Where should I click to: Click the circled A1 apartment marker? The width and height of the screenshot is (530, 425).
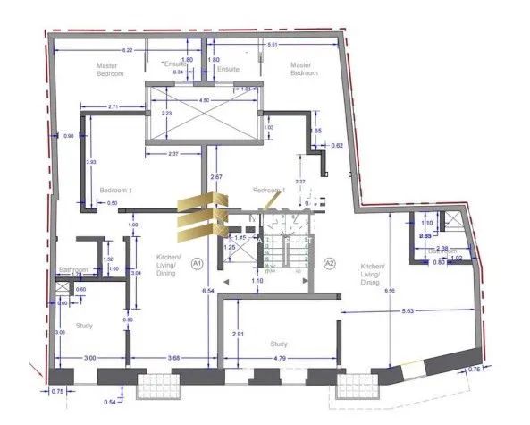tap(198, 263)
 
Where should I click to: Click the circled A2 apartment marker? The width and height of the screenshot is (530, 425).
tap(329, 263)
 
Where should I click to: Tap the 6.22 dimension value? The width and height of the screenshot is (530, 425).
tap(128, 50)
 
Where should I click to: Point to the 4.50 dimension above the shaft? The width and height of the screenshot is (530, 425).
tap(204, 101)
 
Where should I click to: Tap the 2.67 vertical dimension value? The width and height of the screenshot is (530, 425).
tap(215, 178)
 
